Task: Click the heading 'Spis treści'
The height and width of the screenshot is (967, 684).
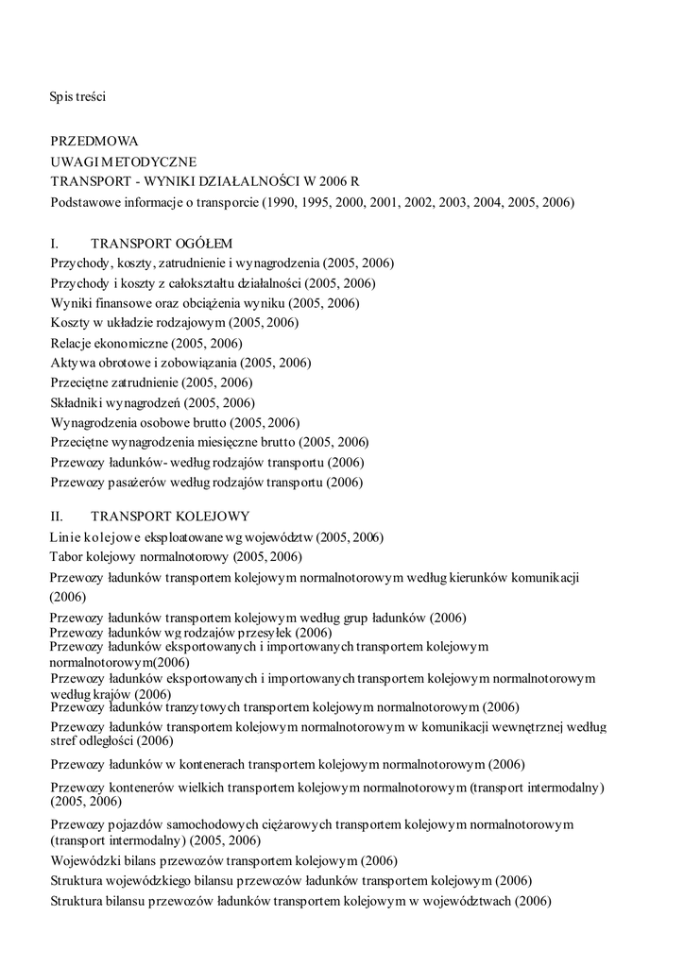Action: (77, 95)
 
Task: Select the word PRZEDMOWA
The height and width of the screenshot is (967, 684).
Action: (94, 142)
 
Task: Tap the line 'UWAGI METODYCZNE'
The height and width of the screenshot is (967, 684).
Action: (123, 162)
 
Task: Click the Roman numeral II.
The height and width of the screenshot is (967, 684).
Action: (57, 517)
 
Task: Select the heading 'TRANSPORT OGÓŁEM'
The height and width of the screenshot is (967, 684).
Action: (162, 243)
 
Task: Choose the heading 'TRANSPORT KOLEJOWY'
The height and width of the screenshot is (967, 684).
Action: (170, 517)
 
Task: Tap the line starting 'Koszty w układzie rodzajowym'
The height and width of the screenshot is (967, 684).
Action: (174, 323)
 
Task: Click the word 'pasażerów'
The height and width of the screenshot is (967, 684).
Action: (141, 483)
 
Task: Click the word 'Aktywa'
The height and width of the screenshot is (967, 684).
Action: (72, 363)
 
